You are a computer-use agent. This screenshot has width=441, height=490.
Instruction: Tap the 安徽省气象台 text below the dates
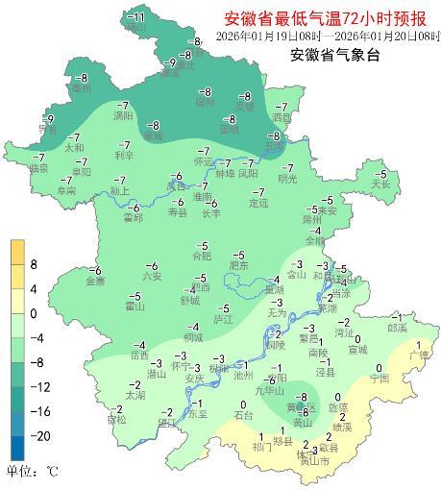tap(334, 55)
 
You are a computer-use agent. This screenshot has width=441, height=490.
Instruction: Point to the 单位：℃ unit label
tap(33, 472)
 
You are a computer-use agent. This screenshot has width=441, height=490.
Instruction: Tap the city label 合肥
tap(201, 257)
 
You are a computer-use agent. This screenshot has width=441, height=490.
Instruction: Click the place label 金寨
tap(95, 282)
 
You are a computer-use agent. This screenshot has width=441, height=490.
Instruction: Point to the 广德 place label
tap(419, 355)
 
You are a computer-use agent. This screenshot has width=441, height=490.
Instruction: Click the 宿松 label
tap(115, 420)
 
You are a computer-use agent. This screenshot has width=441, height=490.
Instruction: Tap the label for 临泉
tap(38, 168)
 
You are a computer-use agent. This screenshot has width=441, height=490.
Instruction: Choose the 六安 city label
tap(152, 277)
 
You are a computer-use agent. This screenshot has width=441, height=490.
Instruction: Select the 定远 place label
tap(257, 204)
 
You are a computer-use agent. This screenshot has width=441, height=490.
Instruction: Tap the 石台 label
tap(243, 415)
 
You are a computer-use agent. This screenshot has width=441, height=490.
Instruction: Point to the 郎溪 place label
tap(397, 328)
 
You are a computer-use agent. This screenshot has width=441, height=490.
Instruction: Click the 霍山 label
tap(134, 306)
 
